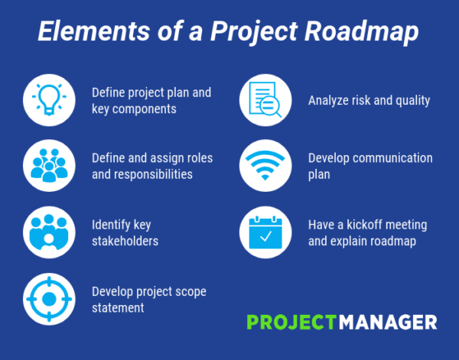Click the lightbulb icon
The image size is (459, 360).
pos(49,99)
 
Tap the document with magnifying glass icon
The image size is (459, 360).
pos(265,100)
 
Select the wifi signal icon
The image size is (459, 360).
pos(265,165)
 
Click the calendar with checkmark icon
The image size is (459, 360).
pos(265,232)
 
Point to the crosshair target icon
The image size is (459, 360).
pos(49,297)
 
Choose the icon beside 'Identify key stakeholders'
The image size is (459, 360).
pos(49,232)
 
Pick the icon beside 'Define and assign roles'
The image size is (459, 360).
pos(49,165)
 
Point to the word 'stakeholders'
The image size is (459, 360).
pos(125,240)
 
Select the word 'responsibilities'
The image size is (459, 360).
pos(153,174)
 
